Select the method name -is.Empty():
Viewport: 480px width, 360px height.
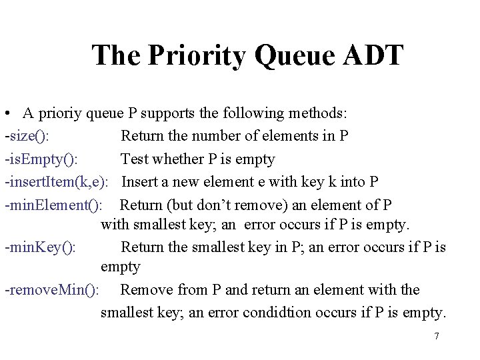[41, 159]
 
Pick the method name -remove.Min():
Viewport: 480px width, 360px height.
[53, 290]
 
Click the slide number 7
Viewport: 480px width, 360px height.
[437, 336]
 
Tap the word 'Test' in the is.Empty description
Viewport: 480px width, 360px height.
[135, 159]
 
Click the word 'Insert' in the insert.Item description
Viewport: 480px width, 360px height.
[141, 181]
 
